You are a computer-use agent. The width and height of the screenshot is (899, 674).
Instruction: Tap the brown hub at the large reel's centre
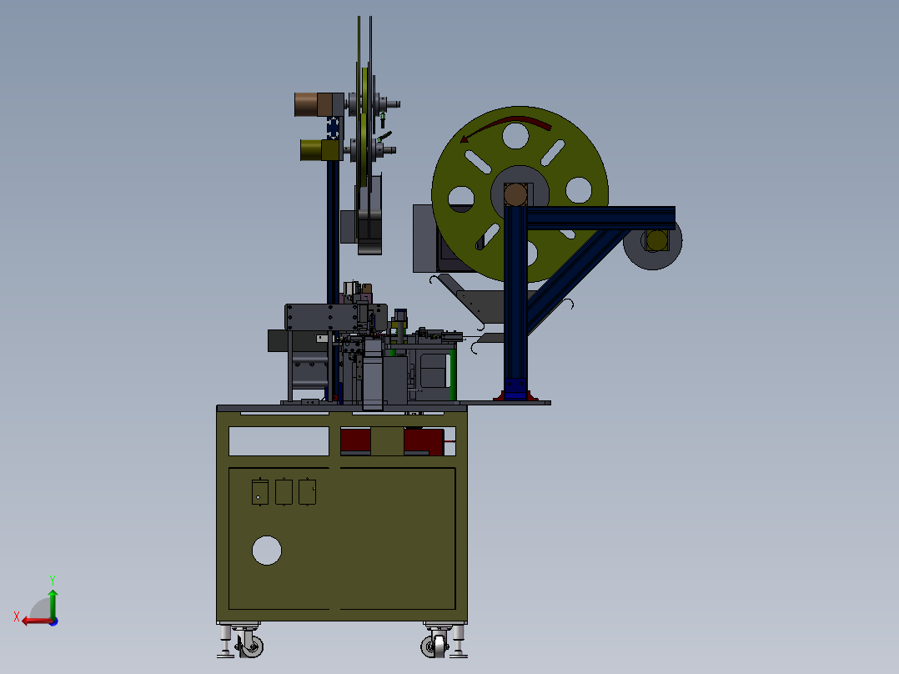(515, 194)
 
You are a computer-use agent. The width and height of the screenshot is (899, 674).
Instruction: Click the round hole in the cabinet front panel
(267, 551)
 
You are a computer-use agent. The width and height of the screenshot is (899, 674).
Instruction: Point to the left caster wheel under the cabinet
(251, 646)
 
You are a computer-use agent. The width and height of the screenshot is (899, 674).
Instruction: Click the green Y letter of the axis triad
(53, 581)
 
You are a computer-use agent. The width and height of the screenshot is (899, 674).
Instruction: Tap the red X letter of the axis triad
(17, 616)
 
